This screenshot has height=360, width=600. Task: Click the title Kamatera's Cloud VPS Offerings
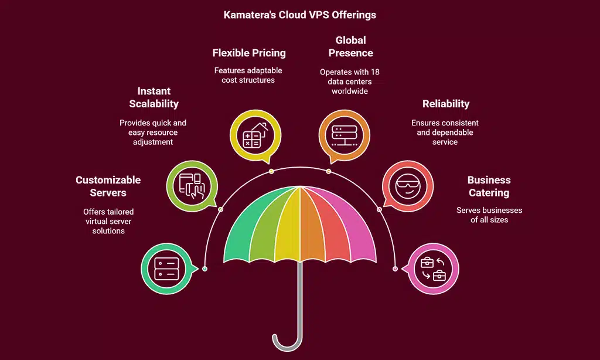299,15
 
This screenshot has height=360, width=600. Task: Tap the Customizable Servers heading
108,186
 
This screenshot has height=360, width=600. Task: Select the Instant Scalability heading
154,97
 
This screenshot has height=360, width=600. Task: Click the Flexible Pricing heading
249,53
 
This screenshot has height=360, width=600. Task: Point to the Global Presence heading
350,46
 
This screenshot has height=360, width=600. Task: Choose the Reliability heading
445,104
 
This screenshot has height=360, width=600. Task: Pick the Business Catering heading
489,186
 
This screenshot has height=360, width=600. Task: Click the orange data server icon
344,135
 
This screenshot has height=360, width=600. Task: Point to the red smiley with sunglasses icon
408,187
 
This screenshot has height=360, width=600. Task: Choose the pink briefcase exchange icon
432,269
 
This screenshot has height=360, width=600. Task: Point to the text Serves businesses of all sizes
489,215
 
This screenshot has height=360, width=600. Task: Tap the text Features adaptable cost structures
249,75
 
